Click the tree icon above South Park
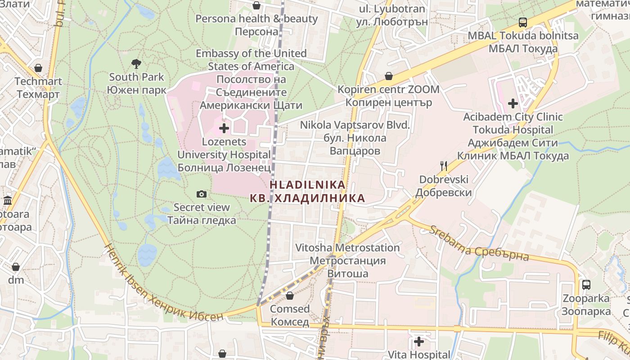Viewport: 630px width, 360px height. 136,63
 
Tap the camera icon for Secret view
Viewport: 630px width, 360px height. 202,194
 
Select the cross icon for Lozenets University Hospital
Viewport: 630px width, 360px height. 224,129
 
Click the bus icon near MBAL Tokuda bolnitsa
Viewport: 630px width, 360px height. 522,22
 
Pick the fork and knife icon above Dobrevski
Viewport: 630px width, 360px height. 444,166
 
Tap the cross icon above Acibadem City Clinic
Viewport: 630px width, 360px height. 513,103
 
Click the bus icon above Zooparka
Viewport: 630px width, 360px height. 586,285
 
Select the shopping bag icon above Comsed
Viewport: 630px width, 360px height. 290,296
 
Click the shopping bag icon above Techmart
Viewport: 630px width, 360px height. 38,68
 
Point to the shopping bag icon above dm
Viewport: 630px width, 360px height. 16,267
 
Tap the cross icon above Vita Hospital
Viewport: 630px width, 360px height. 418,342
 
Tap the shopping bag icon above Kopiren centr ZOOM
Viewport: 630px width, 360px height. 388,76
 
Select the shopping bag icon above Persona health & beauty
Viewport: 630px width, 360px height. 256,5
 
